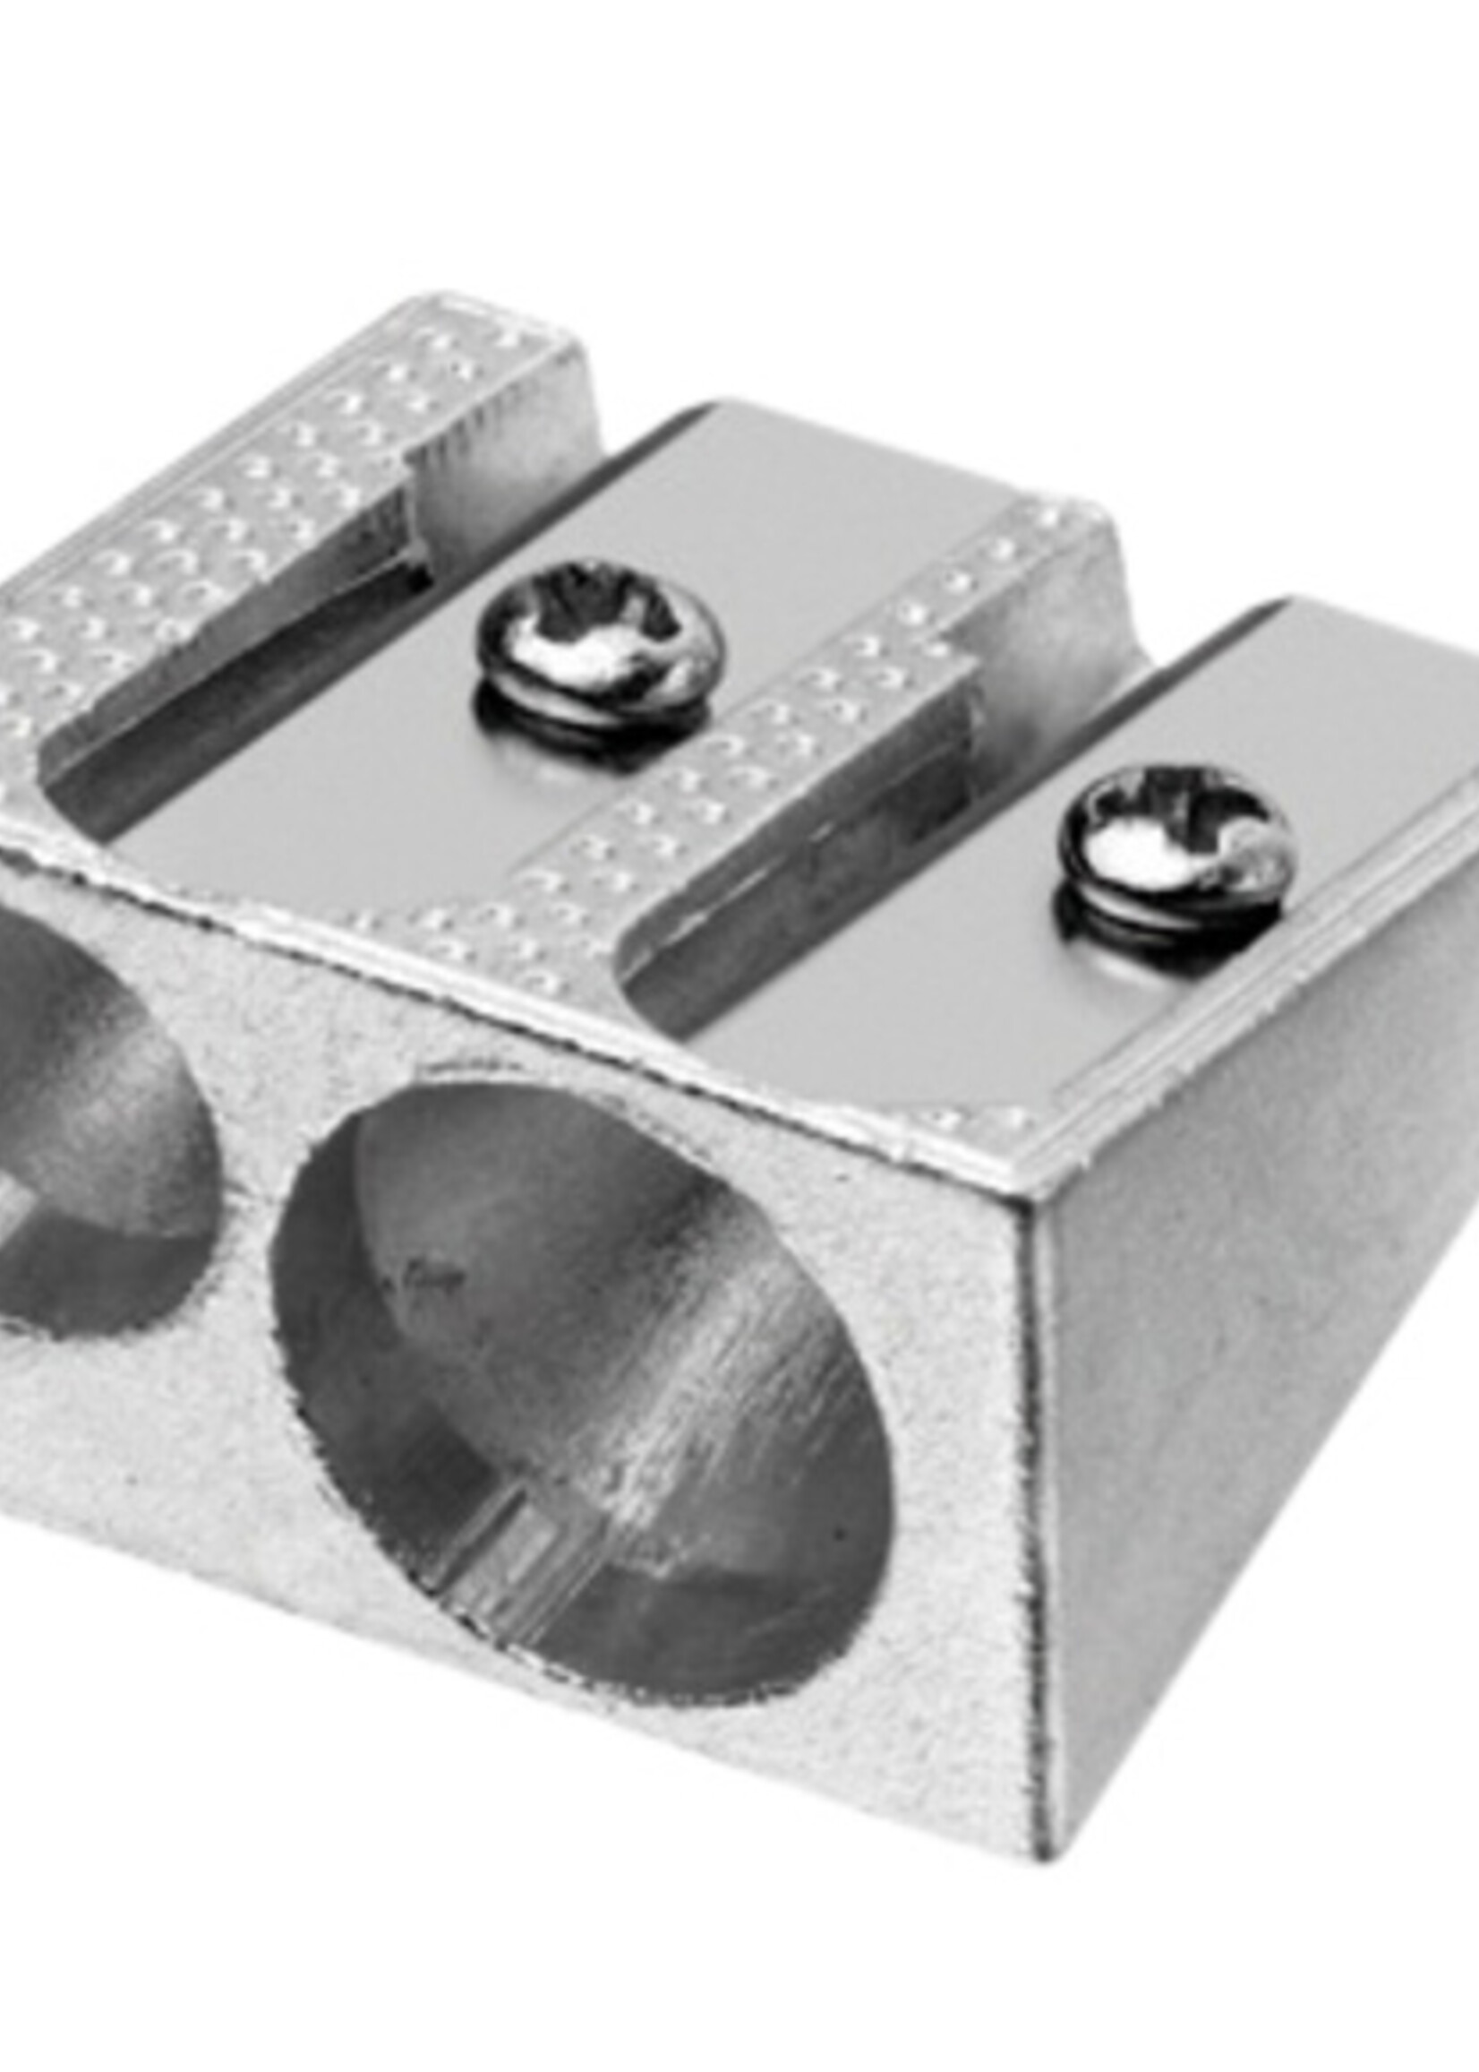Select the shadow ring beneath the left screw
click(x=592, y=720)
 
